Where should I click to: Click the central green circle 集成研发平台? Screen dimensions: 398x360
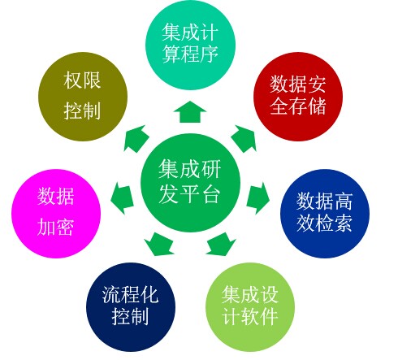point(190,183)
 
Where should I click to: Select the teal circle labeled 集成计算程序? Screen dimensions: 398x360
point(190,45)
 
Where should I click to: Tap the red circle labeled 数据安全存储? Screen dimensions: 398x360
point(298,97)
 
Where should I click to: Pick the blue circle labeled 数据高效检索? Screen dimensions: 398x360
point(325,214)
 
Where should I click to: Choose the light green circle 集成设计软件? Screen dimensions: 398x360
point(250,307)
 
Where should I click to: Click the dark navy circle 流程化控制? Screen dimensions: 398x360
point(131,307)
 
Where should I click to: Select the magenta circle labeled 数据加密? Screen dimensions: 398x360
point(56,214)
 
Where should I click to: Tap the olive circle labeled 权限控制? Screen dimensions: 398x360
point(83,97)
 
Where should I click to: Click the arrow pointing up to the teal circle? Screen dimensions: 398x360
point(190,111)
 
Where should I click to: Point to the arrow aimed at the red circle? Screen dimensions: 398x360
point(244,138)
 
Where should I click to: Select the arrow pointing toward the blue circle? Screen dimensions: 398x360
point(258,198)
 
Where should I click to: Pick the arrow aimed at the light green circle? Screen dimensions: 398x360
point(221,244)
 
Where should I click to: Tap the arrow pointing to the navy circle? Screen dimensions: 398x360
point(159,244)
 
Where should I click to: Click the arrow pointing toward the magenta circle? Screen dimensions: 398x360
point(123,198)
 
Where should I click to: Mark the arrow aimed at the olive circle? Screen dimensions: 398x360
point(136,138)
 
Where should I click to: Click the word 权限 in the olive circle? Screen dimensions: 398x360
point(82,80)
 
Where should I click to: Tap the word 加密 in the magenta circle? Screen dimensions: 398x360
point(55,227)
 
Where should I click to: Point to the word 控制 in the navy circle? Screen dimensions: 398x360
point(130,316)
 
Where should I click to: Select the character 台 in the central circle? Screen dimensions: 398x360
point(211,194)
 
